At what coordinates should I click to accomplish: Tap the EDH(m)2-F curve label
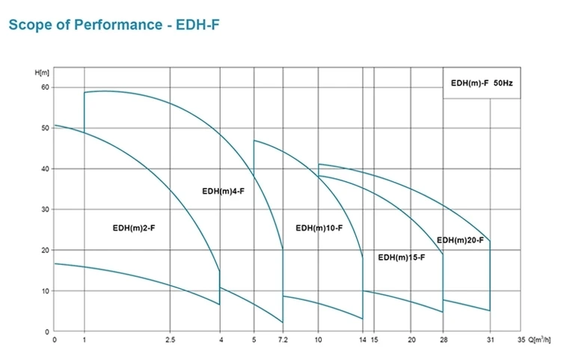[x=129, y=228]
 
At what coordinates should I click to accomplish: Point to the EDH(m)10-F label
[x=319, y=228]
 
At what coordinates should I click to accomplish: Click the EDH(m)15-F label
[x=402, y=257]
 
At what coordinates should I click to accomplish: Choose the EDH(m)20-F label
[x=461, y=240]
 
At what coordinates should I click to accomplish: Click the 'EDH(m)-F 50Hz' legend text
[x=481, y=83]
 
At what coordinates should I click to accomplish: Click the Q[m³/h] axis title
[x=538, y=339]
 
